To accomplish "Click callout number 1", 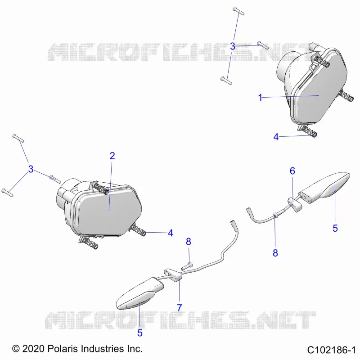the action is (x=260, y=98).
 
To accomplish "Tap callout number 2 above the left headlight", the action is (x=112, y=156).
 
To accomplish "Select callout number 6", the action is (x=292, y=171).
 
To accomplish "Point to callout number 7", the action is (x=180, y=308).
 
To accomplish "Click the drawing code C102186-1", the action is (x=331, y=350).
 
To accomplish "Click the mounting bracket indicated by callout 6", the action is (x=295, y=204).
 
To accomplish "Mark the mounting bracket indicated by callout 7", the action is (x=173, y=275).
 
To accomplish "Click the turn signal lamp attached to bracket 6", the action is (x=326, y=187).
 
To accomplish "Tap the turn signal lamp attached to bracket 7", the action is (x=139, y=293).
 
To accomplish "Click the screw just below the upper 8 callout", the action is (x=187, y=266).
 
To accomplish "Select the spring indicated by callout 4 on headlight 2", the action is (x=138, y=230).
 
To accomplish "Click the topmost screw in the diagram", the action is (x=238, y=11).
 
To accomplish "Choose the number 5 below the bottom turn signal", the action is (x=140, y=333).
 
